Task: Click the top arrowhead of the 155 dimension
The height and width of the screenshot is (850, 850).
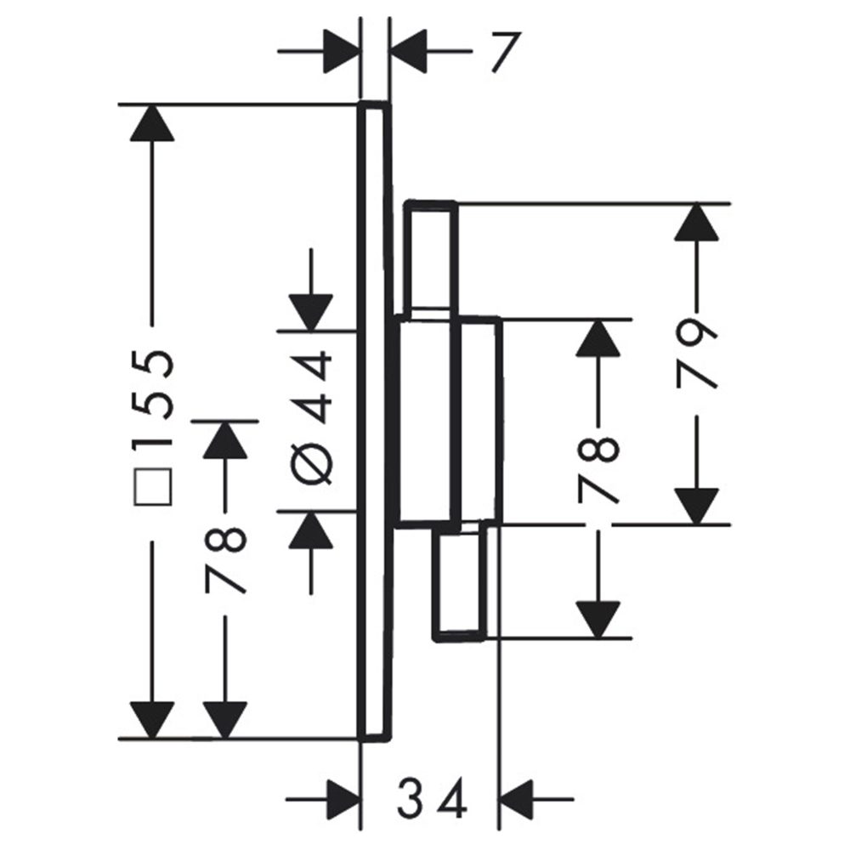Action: (153, 123)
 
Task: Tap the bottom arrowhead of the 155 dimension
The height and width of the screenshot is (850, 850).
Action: (153, 721)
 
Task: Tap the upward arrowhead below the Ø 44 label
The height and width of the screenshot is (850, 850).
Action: (312, 530)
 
